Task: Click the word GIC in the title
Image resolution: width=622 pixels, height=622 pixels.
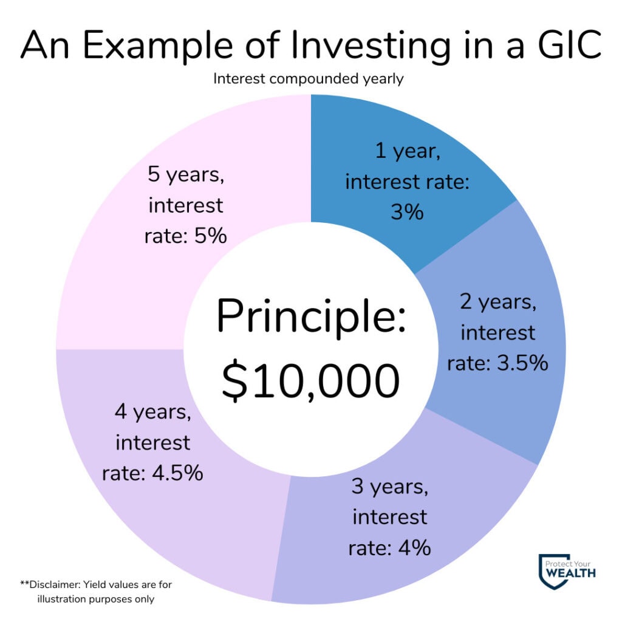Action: coord(570,44)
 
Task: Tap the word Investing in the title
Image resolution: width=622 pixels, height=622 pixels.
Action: coord(371,47)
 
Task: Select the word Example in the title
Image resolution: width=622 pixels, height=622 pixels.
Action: coord(157,47)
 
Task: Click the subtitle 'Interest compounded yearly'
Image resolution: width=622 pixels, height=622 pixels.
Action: coord(308,78)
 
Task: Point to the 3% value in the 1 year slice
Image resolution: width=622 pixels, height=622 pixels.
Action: coord(407,212)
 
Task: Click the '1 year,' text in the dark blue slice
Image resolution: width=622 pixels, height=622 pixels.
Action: coord(408,151)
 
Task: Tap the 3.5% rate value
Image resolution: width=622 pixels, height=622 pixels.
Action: coord(522,363)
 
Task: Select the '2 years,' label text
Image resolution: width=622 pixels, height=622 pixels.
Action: coord(498,302)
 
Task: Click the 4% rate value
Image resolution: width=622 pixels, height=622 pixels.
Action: coord(414,548)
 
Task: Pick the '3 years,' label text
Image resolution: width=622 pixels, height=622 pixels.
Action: coord(389,487)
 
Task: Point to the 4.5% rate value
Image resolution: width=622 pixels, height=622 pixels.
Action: coord(178,473)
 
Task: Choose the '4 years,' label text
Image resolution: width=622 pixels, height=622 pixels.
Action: coord(152,412)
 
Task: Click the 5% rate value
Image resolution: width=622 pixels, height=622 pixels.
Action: coord(211,236)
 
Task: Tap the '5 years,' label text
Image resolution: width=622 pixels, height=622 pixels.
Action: coord(186,175)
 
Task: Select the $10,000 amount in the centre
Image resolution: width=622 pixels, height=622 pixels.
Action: coord(310,381)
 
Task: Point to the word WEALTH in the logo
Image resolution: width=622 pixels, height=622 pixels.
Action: coord(570,573)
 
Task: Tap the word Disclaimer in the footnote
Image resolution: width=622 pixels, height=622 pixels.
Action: coord(55,584)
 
